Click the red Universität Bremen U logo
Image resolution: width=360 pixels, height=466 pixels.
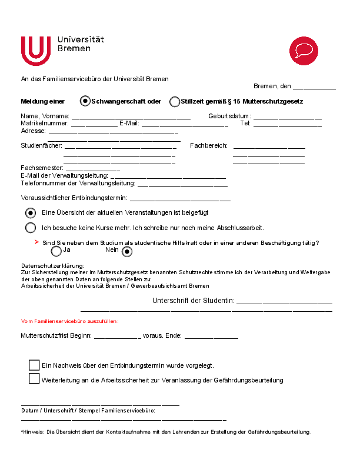point(36,51)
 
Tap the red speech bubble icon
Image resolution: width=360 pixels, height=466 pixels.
point(304,49)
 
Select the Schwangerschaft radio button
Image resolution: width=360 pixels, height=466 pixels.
point(85,101)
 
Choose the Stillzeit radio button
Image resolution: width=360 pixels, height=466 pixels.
point(175,102)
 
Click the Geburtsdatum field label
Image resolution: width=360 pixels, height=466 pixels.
point(229,116)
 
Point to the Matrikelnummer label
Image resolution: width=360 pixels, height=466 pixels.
point(45,124)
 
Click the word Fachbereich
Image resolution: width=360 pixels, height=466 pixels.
point(208,145)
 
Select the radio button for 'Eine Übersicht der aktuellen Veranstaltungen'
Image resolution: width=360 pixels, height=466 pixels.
point(31,213)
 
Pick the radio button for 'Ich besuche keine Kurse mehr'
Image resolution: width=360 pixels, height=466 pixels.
point(31,228)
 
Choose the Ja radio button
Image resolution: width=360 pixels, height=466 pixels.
point(56,251)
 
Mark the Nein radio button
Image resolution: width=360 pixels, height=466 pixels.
point(126,251)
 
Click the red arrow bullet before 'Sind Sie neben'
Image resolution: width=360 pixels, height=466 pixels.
point(36,242)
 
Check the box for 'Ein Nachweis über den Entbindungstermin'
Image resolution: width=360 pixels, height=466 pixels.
point(34,365)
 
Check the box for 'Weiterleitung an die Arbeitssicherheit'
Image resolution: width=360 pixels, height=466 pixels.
point(34,378)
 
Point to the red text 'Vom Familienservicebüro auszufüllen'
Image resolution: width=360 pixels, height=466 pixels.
point(69,321)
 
